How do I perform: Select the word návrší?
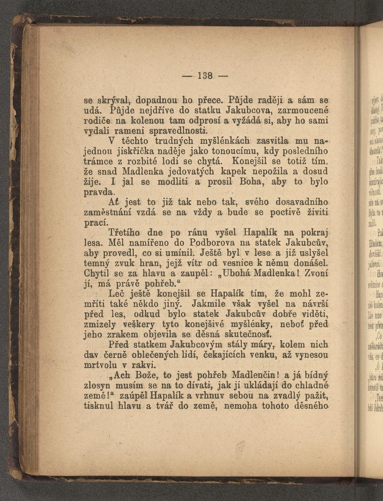coord(313,303)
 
